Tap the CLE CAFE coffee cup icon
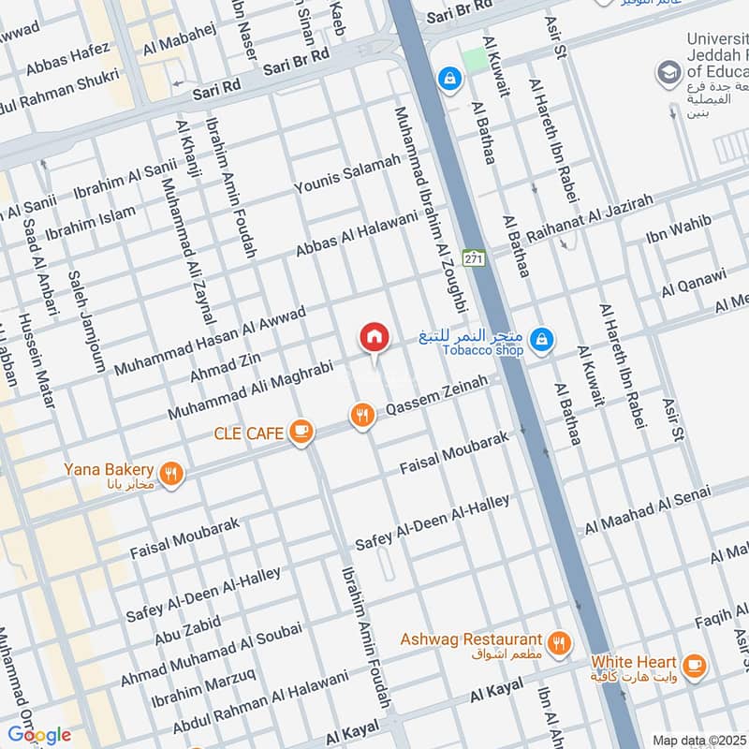[301, 430]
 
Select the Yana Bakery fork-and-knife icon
[170, 473]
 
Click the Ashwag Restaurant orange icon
[559, 641]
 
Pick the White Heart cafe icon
[694, 665]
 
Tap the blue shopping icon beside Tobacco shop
[540, 340]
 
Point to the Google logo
[38, 734]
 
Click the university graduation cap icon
[668, 71]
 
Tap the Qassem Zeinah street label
[437, 396]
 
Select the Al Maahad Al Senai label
[648, 509]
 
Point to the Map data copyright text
[699, 740]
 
